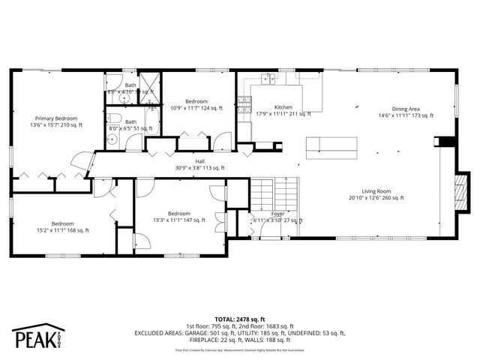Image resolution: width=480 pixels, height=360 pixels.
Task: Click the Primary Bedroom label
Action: point(56,118)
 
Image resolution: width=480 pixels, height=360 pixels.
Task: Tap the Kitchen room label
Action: point(283,107)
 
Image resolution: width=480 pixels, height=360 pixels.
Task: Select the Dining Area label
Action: point(406,107)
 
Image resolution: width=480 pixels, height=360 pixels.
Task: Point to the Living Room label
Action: point(376,190)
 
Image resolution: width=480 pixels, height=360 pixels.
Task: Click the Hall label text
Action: point(200,160)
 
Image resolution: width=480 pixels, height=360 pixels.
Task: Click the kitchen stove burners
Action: point(244,106)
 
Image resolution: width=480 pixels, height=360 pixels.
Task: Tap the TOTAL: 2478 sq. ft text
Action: point(240,319)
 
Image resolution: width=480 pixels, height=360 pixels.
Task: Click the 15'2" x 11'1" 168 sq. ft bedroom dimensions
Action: point(62,230)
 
